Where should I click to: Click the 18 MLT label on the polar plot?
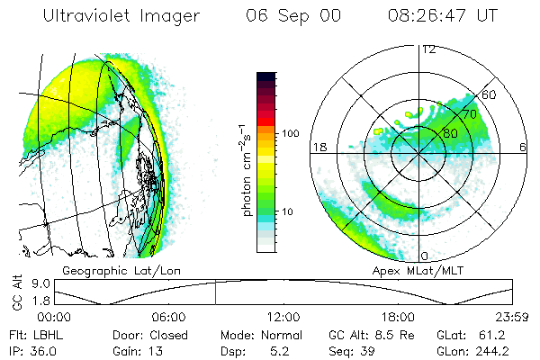pyautogui.click(x=318, y=147)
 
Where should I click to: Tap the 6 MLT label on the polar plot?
pyautogui.click(x=524, y=147)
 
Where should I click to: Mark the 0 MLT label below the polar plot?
pyautogui.click(x=423, y=256)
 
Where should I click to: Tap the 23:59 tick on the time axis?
pyautogui.click(x=509, y=317)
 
